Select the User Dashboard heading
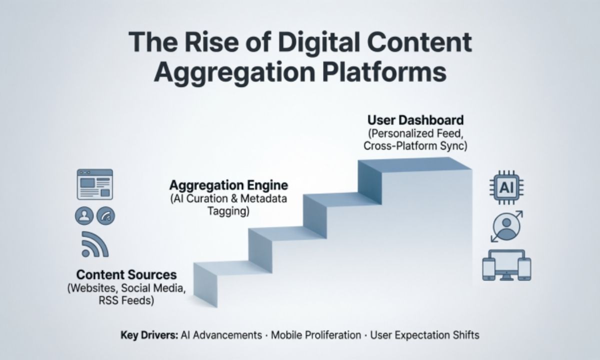(x=415, y=120)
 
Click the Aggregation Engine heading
(x=228, y=185)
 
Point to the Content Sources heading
(x=126, y=274)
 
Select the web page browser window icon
(x=94, y=184)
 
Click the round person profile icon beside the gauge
(x=83, y=215)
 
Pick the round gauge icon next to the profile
(x=105, y=215)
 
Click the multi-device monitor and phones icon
(x=506, y=265)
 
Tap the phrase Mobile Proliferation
(x=315, y=334)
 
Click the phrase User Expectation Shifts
(x=424, y=334)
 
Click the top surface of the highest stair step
(x=415, y=165)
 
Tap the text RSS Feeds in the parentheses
(x=126, y=300)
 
